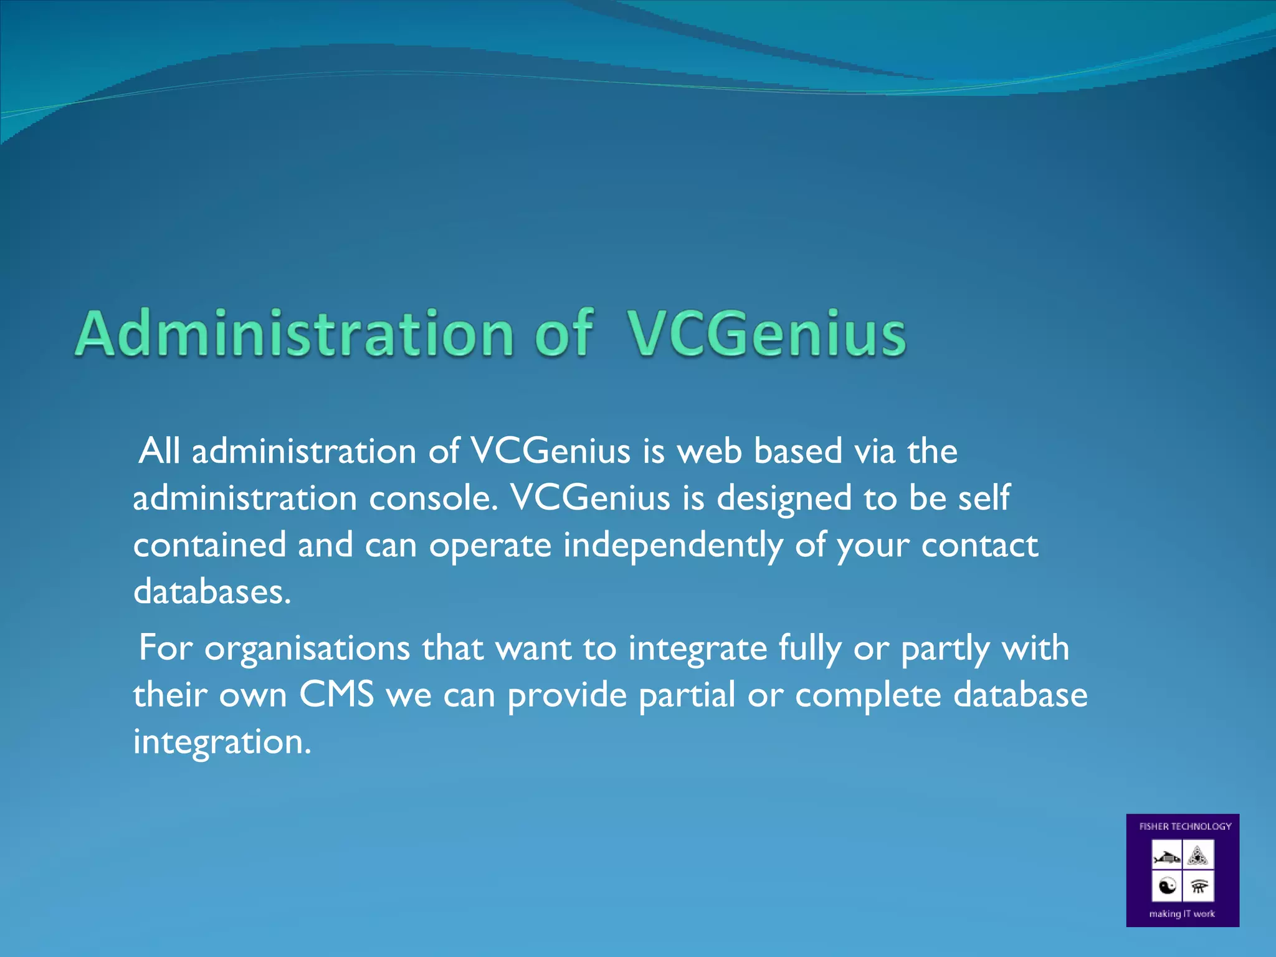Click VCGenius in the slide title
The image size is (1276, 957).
click(x=766, y=334)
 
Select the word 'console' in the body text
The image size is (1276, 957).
click(x=434, y=498)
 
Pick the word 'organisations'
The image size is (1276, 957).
click(x=307, y=648)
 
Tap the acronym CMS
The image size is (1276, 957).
click(x=336, y=695)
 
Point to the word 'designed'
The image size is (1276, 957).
click(x=784, y=498)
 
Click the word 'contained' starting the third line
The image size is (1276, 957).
click(x=209, y=545)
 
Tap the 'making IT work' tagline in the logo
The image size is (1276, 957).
click(x=1182, y=914)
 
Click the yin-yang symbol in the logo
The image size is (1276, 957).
click(x=1167, y=885)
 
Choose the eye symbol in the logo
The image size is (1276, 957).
click(x=1198, y=886)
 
